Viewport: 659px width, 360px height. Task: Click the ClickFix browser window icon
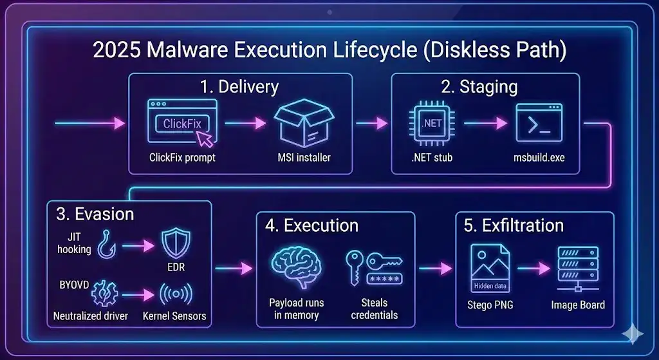[x=182, y=124]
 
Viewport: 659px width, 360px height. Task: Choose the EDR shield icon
[x=176, y=245]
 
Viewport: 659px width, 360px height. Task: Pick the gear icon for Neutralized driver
[x=105, y=294]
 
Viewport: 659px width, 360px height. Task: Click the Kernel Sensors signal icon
[x=176, y=294]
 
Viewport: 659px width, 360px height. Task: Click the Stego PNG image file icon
[x=490, y=269]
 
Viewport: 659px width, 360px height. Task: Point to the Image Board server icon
[x=573, y=269]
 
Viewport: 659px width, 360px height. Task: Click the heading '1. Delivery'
[x=240, y=87]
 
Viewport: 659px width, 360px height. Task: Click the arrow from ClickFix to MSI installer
[x=245, y=123]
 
